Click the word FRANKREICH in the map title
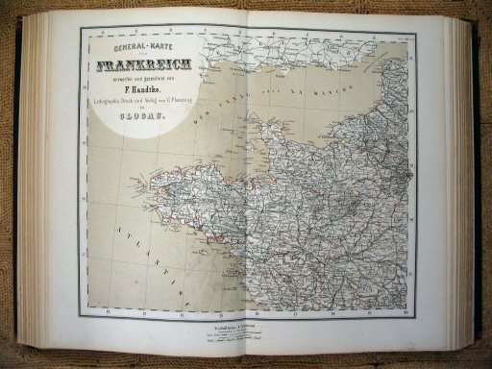[146, 67]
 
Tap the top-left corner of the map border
[81, 29]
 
